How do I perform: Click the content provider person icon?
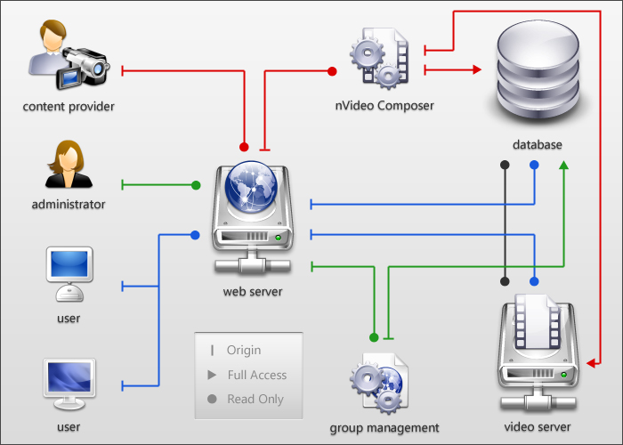tap(67, 57)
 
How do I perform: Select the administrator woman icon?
tap(69, 164)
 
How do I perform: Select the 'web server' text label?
tap(253, 291)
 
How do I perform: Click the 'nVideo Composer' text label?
tap(384, 105)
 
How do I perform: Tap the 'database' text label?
tap(538, 144)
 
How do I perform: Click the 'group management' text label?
tap(384, 428)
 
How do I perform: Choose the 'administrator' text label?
tap(69, 205)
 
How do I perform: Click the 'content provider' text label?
tap(69, 107)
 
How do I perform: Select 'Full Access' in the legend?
tap(256, 375)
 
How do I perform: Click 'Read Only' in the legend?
tap(255, 399)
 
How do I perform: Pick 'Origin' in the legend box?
tap(244, 351)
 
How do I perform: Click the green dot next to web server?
tap(196, 185)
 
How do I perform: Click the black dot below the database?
tap(506, 166)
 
